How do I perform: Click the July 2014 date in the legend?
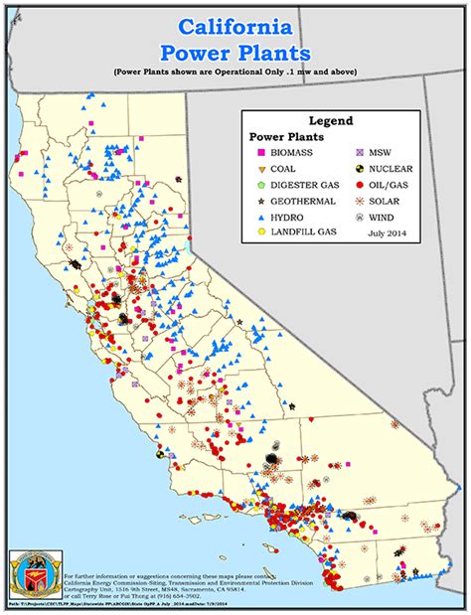pyautogui.click(x=389, y=233)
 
